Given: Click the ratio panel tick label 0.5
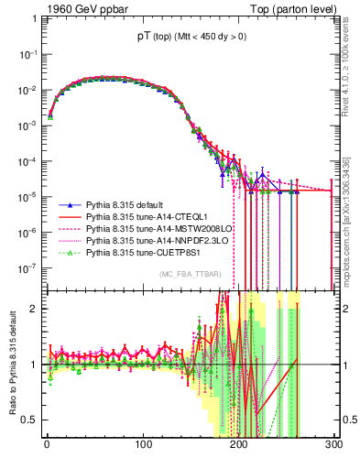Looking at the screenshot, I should tap(28, 420).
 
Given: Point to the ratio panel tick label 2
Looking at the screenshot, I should tap(33, 308).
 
